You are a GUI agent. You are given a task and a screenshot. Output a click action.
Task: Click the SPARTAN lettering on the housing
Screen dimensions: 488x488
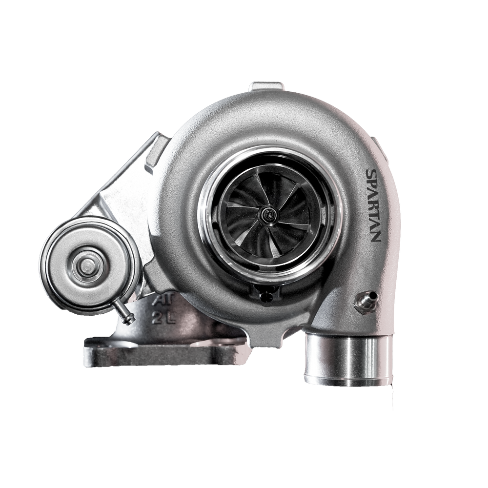pyautogui.click(x=373, y=205)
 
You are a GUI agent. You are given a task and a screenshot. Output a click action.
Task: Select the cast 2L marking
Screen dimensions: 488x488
pyautogui.click(x=164, y=318)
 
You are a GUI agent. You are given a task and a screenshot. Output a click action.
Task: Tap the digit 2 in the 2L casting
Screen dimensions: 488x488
pyautogui.click(x=158, y=318)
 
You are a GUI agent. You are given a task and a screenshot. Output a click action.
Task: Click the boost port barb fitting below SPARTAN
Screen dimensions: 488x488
pyautogui.click(x=366, y=300)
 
